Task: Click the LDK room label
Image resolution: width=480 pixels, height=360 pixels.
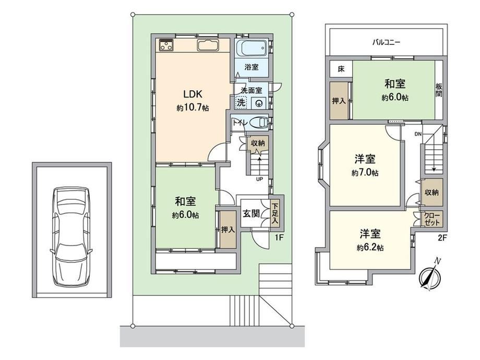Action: [x=193, y=94]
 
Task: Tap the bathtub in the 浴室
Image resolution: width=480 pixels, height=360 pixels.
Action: [x=253, y=49]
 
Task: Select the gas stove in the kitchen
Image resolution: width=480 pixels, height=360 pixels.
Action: [x=166, y=45]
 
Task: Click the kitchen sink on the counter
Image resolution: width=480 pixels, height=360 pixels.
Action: [x=208, y=45]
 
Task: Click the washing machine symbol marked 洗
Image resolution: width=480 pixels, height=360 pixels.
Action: [x=241, y=102]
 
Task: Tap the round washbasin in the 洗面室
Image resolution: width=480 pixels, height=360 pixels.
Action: [x=259, y=103]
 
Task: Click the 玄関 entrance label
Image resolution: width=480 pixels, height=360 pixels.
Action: [x=251, y=213]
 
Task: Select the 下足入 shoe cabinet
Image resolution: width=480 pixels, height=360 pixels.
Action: [x=275, y=213]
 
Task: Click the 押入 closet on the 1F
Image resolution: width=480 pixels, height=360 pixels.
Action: [x=228, y=230]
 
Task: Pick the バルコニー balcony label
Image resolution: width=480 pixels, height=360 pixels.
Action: [x=386, y=42]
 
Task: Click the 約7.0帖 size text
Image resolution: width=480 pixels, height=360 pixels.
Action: [x=365, y=173]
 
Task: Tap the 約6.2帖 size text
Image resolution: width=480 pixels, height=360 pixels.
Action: [x=370, y=248]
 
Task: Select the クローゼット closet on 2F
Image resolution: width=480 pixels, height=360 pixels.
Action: [x=432, y=219]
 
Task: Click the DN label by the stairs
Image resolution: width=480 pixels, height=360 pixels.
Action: [x=418, y=134]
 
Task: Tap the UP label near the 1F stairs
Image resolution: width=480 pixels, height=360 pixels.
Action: [x=259, y=179]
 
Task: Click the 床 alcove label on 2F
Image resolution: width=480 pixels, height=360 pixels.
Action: [x=341, y=69]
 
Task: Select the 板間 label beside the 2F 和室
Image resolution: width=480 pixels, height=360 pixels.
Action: [x=438, y=90]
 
